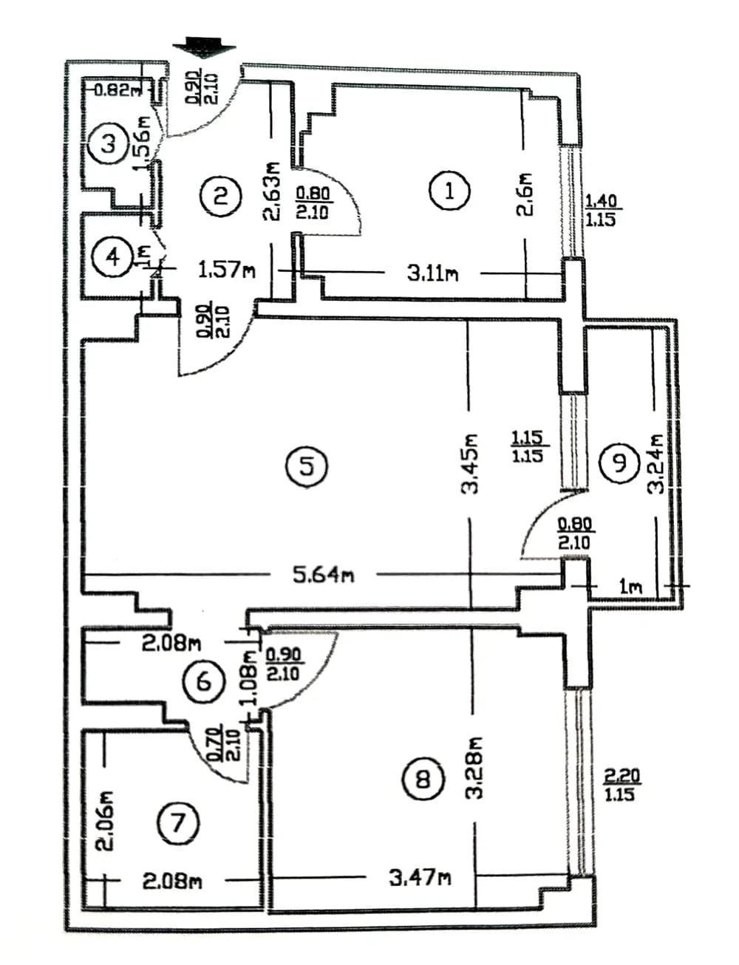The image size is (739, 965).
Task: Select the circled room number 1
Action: point(449,191)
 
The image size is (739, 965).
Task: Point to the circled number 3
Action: point(109,143)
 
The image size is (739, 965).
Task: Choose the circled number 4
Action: point(112,257)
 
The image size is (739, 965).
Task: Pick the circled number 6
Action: point(204,681)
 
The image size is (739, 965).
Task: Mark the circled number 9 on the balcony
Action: point(619,463)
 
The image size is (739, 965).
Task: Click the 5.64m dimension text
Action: point(323,574)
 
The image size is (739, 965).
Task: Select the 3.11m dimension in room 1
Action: point(432,273)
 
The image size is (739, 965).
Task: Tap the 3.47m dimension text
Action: point(420,878)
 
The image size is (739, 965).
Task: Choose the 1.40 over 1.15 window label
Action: point(600,210)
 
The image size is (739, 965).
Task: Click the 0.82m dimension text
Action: point(117,90)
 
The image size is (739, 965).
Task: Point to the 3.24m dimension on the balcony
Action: point(656,464)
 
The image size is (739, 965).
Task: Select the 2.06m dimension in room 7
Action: point(106,820)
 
